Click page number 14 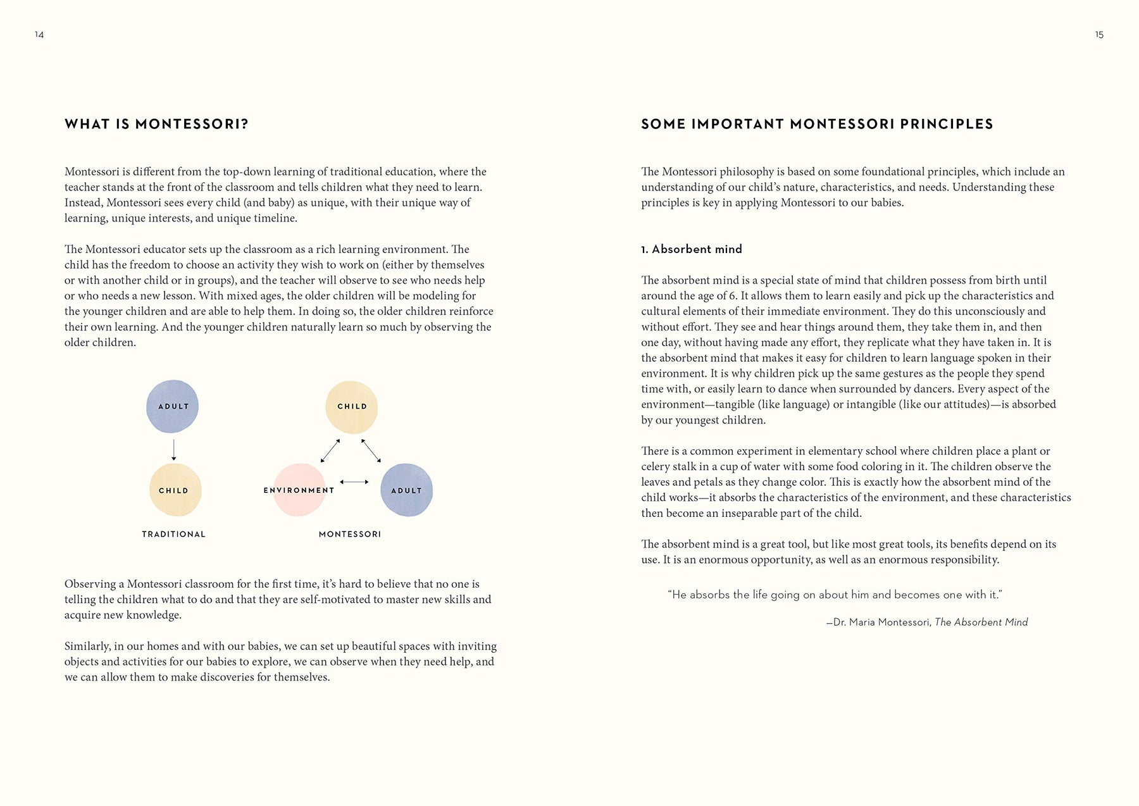(x=39, y=35)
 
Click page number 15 (x=1099, y=35)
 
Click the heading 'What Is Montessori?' (x=156, y=124)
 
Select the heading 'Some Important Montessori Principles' (x=817, y=124)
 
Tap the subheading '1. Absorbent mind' (x=691, y=249)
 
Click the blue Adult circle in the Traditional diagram (x=172, y=406)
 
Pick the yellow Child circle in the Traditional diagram (x=175, y=490)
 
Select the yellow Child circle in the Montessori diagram (x=351, y=407)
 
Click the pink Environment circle (x=299, y=490)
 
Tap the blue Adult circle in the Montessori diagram (x=406, y=490)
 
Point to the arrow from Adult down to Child (x=174, y=450)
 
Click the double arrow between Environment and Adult (x=354, y=482)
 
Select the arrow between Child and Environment (x=330, y=450)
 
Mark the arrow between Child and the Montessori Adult (x=371, y=450)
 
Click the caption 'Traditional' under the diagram (x=173, y=534)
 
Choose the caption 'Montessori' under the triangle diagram (x=350, y=534)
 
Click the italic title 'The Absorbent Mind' (x=981, y=622)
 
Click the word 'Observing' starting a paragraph (x=90, y=584)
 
